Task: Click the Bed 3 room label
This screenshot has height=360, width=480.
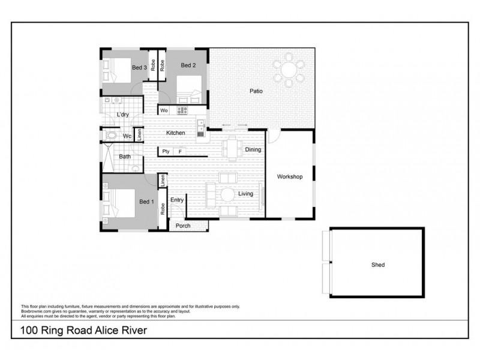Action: point(140,68)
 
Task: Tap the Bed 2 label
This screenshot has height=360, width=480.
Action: point(188,65)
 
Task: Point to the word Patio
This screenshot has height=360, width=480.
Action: point(257,91)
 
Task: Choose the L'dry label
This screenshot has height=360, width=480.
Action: point(122,114)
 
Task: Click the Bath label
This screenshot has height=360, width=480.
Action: point(125,157)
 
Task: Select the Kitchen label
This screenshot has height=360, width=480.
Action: point(175,133)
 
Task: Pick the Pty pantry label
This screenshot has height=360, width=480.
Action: point(166,152)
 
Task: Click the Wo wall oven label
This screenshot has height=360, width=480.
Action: point(164,110)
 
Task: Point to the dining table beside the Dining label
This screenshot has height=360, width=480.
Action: point(232,147)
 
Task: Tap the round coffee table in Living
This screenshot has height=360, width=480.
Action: point(227,195)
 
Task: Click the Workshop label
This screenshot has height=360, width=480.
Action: point(289,177)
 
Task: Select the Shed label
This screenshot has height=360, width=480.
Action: point(377,264)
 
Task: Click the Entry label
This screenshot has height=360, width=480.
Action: point(177,200)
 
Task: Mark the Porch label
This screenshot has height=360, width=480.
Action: point(183,226)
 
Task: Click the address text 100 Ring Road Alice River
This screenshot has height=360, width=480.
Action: point(83,329)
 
